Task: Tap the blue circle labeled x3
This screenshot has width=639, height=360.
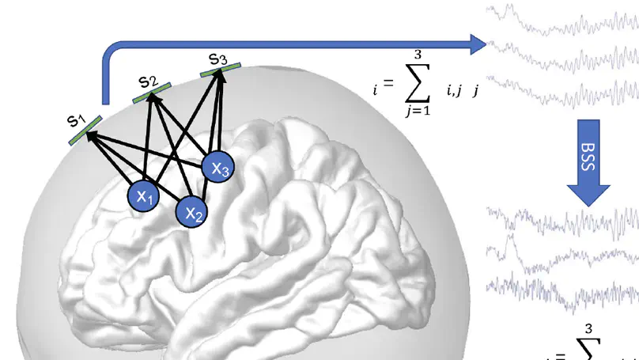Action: click(x=218, y=168)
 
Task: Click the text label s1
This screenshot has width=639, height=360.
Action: click(x=76, y=120)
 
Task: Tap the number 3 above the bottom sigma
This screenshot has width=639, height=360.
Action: click(x=588, y=328)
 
